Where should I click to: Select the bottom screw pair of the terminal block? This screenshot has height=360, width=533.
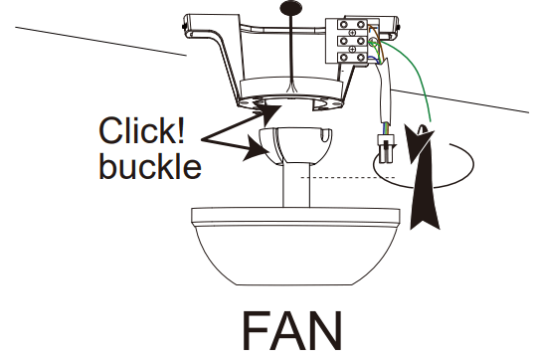pos(351,59)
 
